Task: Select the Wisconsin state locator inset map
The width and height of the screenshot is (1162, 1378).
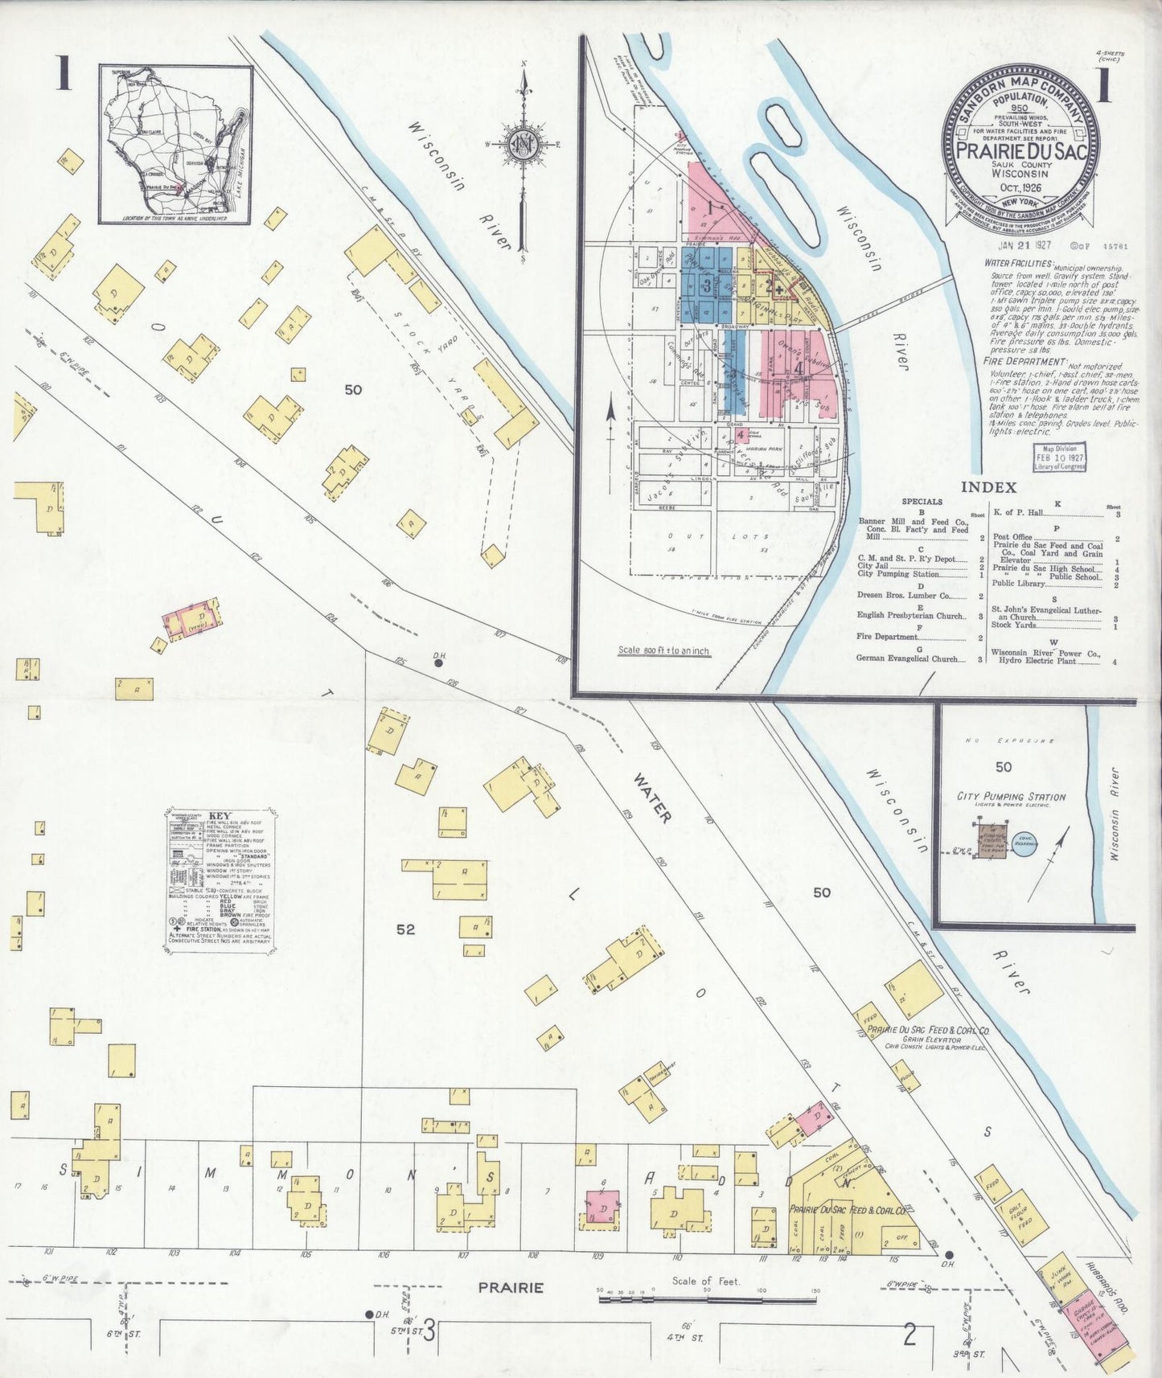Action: (176, 145)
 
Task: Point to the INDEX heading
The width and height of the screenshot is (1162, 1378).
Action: (988, 486)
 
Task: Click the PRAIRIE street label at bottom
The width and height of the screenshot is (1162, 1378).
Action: (511, 1287)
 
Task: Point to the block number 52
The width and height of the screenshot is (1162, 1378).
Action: (405, 929)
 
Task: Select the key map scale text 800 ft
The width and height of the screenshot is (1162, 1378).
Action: (663, 650)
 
